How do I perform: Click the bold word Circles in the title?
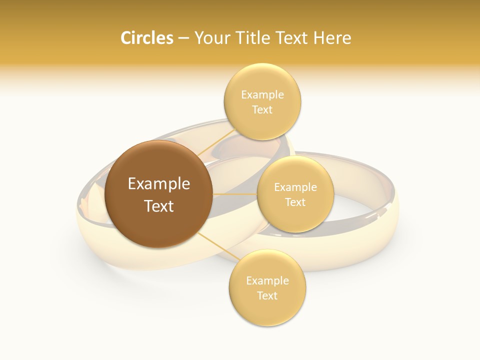click(x=147, y=38)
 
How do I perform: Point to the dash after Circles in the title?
click(x=183, y=38)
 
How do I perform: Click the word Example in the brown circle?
click(x=159, y=184)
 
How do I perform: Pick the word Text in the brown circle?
click(x=159, y=206)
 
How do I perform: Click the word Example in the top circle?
click(x=262, y=94)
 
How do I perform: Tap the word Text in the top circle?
click(x=262, y=110)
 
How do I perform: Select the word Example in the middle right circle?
click(x=295, y=187)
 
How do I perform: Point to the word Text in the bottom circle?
click(x=267, y=295)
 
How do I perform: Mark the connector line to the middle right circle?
click(x=235, y=194)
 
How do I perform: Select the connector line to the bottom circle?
click(x=217, y=247)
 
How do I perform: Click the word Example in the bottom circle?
click(x=267, y=280)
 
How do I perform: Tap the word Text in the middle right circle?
click(x=295, y=202)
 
